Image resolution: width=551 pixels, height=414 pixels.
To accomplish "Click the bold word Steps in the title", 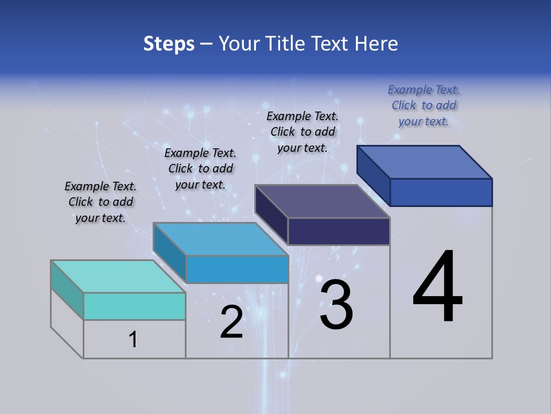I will point(169,44).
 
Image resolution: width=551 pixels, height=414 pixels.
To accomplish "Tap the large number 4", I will point(437,287).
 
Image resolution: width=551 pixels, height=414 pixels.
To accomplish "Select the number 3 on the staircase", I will point(336,305).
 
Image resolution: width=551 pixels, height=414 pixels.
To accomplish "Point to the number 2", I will point(231,323).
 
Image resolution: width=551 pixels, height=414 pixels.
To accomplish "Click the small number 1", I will point(133,340).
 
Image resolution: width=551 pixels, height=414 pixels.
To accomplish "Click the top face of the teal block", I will point(118,277).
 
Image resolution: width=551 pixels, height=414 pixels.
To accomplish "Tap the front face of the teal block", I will point(134,306).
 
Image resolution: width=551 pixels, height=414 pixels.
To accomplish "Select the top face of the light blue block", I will point(220,239).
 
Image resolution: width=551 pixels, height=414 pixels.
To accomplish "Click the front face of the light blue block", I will point(237,269).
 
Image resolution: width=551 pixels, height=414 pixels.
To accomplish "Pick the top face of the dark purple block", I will point(322,201).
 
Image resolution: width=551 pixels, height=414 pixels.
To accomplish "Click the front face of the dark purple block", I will point(339,231).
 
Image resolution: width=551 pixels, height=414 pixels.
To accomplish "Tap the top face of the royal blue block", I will point(424,162).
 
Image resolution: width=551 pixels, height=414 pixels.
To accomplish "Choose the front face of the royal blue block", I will point(441,192).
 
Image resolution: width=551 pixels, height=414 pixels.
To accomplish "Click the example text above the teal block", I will point(100,202).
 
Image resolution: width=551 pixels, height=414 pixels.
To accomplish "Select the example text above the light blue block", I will point(200,168).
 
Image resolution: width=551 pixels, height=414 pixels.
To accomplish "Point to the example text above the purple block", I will point(302,132).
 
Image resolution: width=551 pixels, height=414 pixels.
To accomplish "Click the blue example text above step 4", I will point(424,105).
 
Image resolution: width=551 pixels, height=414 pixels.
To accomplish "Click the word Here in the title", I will point(377,44).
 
